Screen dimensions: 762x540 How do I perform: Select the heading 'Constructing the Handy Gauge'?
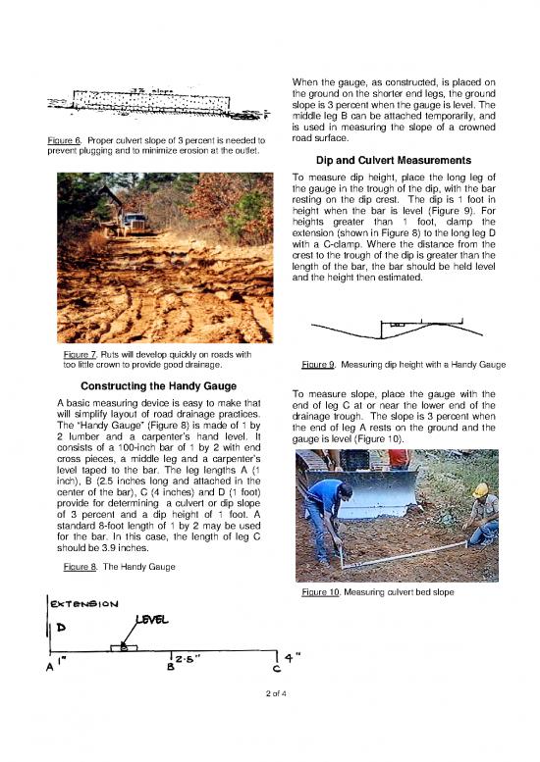(154, 383)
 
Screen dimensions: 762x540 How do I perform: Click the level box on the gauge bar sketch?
(119, 647)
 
